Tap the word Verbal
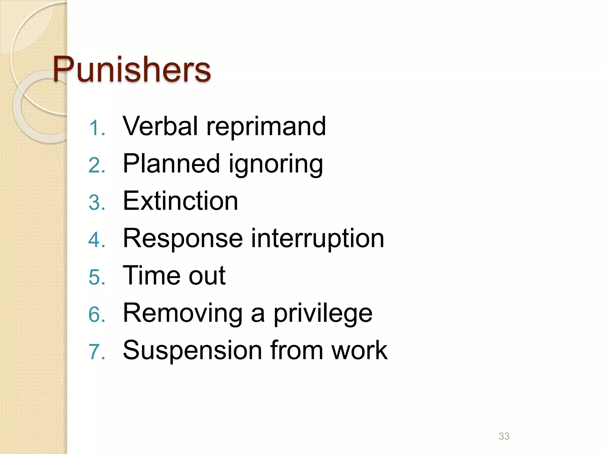[x=160, y=126]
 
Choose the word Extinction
[x=180, y=201]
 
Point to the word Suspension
[x=192, y=351]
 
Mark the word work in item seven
[x=359, y=351]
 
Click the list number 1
[x=97, y=129]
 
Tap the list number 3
[x=97, y=203]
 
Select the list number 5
[x=97, y=278]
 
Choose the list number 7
[x=97, y=352]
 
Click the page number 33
[x=504, y=436]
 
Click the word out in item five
[x=207, y=276]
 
